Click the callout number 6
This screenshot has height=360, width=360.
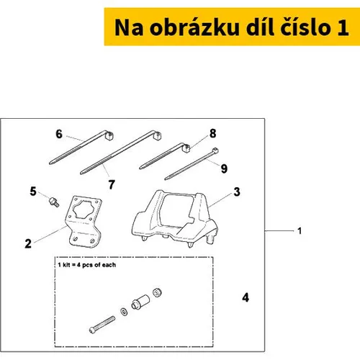(59, 134)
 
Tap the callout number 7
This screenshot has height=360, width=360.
(112, 184)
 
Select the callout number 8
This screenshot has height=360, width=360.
(212, 133)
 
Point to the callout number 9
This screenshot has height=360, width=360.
(224, 168)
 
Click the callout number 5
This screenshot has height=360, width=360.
(33, 192)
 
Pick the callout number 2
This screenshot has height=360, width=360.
(28, 243)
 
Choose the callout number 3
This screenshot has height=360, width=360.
(237, 192)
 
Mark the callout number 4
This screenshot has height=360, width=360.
(246, 297)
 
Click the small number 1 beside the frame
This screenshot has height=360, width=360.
(300, 231)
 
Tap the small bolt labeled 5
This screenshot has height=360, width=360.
(54, 202)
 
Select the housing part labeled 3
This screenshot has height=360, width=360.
(175, 218)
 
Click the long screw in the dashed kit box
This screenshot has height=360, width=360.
(102, 324)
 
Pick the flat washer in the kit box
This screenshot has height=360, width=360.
(124, 312)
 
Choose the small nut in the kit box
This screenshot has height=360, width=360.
(157, 292)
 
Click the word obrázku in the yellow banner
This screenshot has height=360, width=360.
(195, 27)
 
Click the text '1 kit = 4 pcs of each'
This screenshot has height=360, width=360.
(87, 265)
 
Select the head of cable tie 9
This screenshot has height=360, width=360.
(215, 151)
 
